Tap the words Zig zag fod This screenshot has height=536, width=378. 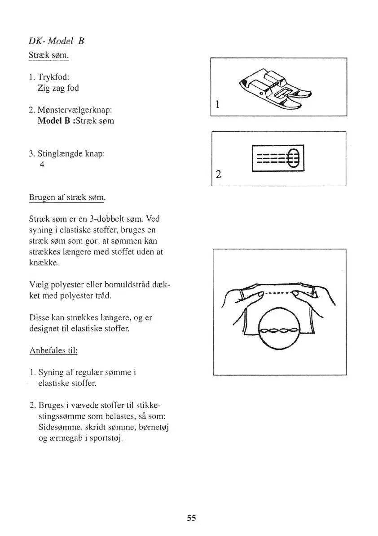click(58, 88)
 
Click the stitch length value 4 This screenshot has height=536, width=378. click(42, 165)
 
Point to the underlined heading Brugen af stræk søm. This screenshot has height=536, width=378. click(67, 197)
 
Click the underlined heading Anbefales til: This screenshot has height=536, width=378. click(53, 350)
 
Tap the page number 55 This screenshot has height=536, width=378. click(192, 518)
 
